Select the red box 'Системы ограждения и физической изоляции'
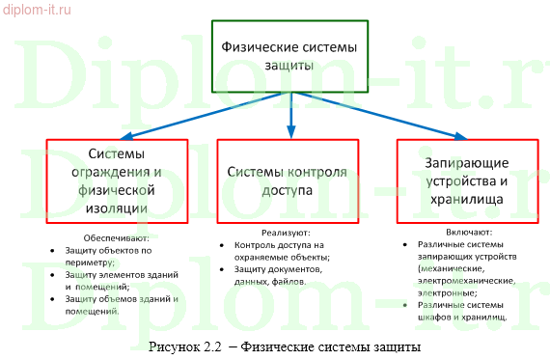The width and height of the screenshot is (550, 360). point(117,180)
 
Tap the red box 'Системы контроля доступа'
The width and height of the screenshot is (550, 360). point(287,180)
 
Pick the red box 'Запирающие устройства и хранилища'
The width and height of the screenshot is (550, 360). point(464,180)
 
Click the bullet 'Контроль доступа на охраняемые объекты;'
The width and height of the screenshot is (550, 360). point(280,251)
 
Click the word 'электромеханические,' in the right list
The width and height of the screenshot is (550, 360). point(461,281)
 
